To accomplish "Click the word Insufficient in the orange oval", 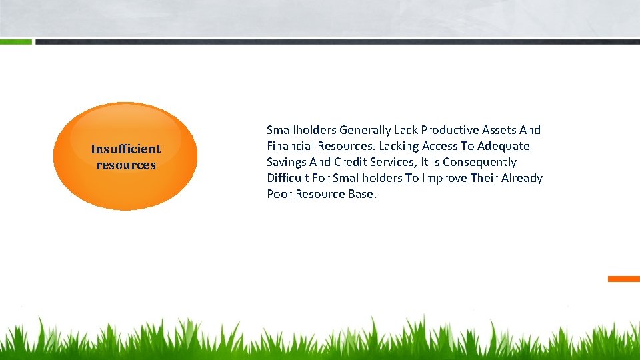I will pyautogui.click(x=125, y=149).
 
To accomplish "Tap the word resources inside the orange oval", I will pyautogui.click(x=125, y=165).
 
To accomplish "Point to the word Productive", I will pyautogui.click(x=450, y=130).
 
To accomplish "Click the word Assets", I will pyautogui.click(x=500, y=130).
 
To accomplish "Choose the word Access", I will pyautogui.click(x=438, y=146).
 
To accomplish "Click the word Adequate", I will pyautogui.click(x=503, y=146).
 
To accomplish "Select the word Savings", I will pyautogui.click(x=286, y=162).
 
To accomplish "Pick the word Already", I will pyautogui.click(x=520, y=178).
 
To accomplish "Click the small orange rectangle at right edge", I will pyautogui.click(x=623, y=279).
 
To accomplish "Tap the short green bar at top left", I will pyautogui.click(x=15, y=41).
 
